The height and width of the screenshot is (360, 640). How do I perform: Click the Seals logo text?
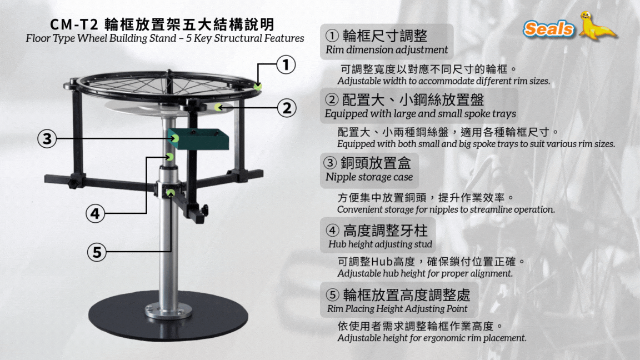pyautogui.click(x=548, y=29)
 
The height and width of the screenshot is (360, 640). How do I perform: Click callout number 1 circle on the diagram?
pyautogui.click(x=286, y=64)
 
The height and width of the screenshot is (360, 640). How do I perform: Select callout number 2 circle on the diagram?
pyautogui.click(x=287, y=108)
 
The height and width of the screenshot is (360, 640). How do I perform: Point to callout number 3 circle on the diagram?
pyautogui.click(x=47, y=139)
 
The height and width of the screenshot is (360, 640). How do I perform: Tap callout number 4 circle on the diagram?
pyautogui.click(x=95, y=213)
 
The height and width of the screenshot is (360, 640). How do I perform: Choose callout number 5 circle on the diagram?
pyautogui.click(x=97, y=252)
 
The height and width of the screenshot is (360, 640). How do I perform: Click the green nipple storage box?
pyautogui.click(x=198, y=139)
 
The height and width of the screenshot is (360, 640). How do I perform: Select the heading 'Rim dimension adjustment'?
pyautogui.click(x=387, y=50)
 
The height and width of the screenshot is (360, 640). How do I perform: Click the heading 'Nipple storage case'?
pyautogui.click(x=369, y=177)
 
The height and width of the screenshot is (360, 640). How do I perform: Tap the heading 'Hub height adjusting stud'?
pyautogui.click(x=380, y=244)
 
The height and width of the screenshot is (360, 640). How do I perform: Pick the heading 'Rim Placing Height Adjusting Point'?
pyautogui.click(x=397, y=308)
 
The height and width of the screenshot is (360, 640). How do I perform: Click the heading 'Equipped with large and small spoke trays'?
pyautogui.click(x=421, y=113)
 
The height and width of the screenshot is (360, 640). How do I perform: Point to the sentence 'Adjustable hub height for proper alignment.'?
pyautogui.click(x=425, y=273)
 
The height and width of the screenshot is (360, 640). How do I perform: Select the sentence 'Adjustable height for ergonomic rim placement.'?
pyautogui.click(x=432, y=338)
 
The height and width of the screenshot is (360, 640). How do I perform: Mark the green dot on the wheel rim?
pyautogui.click(x=258, y=87)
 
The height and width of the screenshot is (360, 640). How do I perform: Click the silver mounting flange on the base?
pyautogui.click(x=168, y=310)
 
